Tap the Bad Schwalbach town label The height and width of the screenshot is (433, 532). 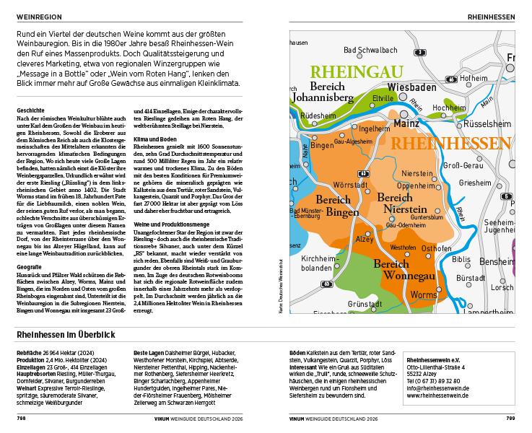(x=370, y=51)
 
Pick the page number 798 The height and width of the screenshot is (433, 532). (x=22, y=417)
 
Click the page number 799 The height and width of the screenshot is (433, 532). (x=510, y=417)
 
